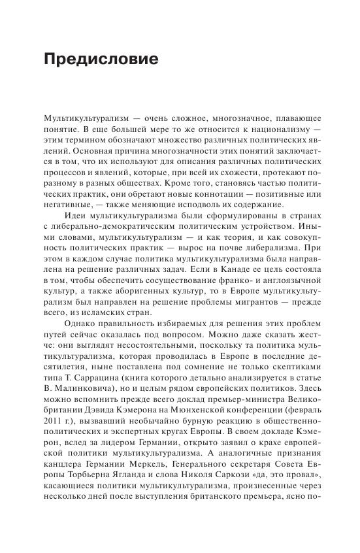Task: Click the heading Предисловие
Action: coord(101,59)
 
